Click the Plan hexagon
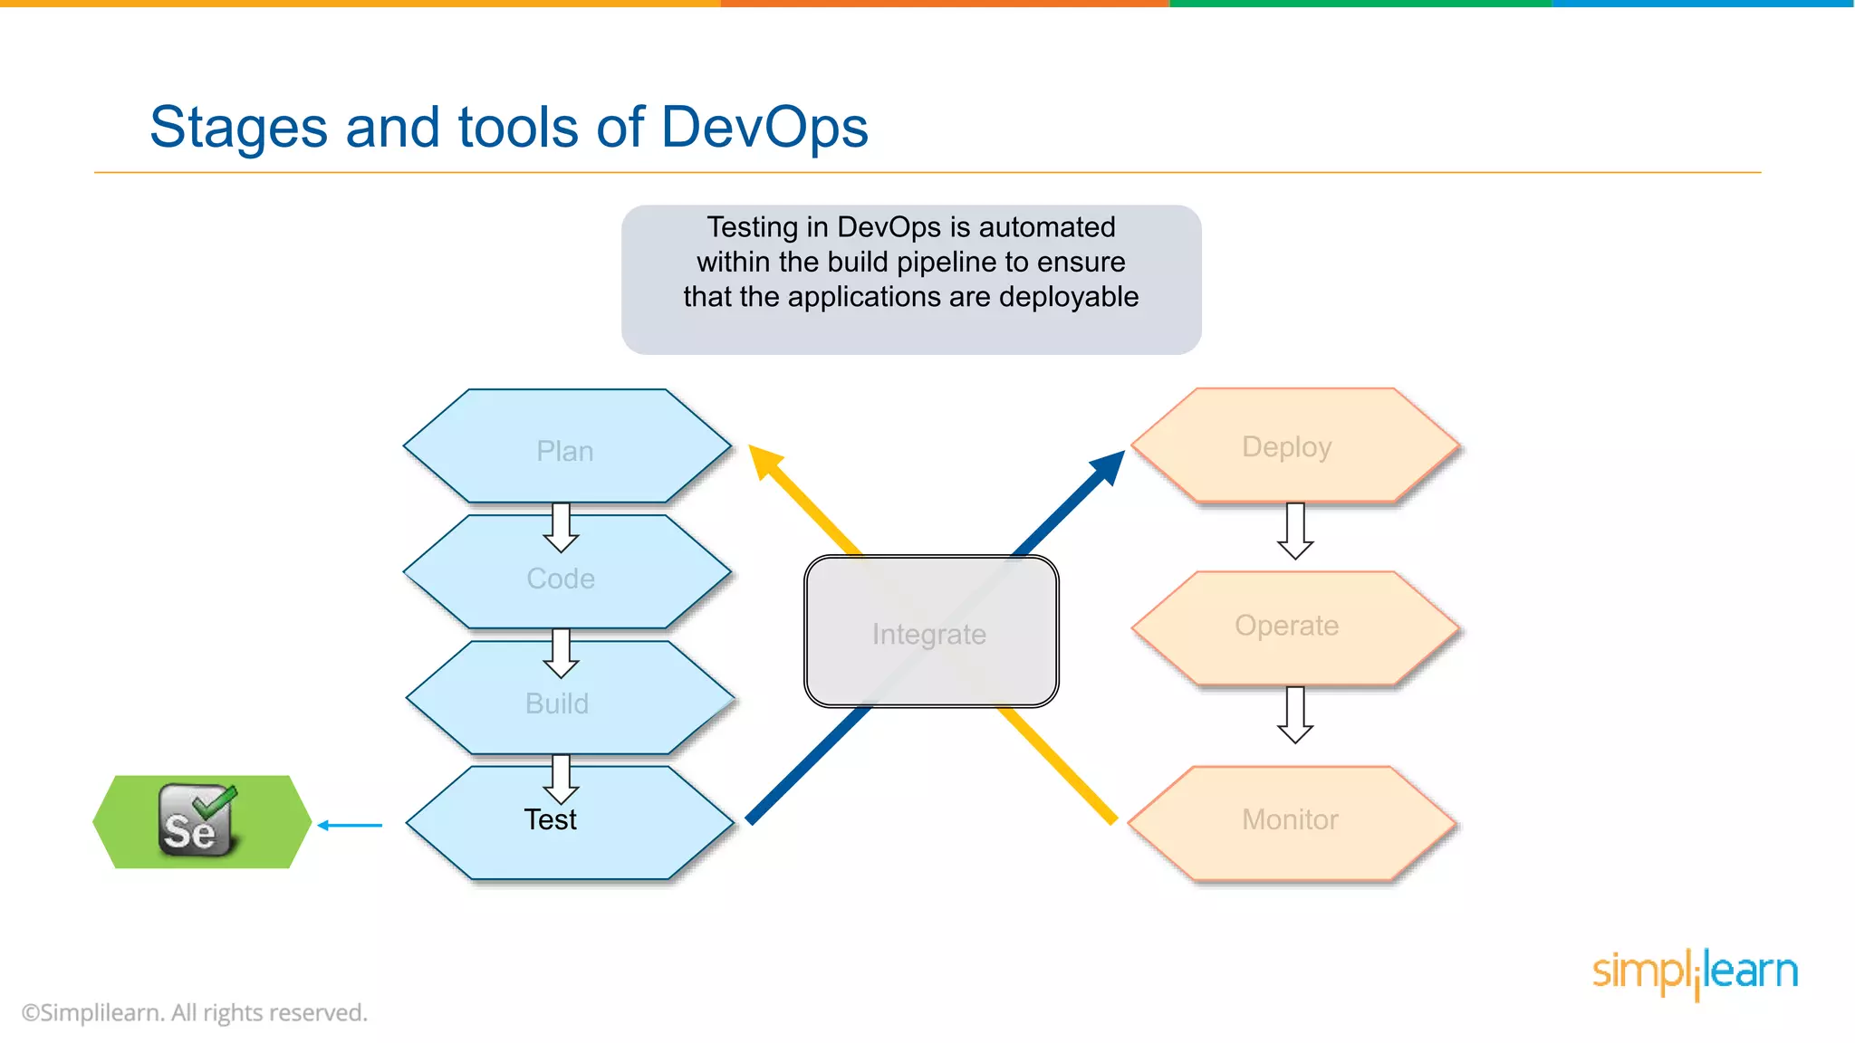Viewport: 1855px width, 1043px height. pos(565,450)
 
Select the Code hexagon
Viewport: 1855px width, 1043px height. pos(562,579)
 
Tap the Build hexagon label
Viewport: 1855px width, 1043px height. pos(557,703)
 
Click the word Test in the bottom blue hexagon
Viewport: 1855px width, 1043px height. pos(551,819)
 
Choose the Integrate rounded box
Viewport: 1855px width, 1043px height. pos(930,633)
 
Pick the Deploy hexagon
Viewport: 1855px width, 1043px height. pos(1287,446)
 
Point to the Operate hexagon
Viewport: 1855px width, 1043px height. pos(1287,626)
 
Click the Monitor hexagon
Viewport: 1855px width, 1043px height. pos(1290,819)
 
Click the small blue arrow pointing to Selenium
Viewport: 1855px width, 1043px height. pos(350,825)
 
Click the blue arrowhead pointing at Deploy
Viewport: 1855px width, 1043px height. pos(1109,467)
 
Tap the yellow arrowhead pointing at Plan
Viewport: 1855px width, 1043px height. pos(765,461)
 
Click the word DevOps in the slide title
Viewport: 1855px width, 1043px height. pos(764,127)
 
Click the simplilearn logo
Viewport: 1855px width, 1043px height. pos(1695,972)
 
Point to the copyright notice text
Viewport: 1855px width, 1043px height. pos(195,1012)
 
